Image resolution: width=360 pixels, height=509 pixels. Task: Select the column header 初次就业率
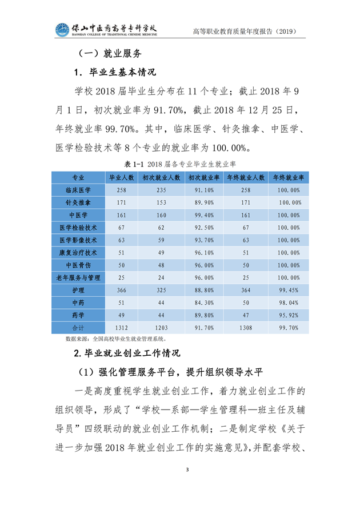point(204,177)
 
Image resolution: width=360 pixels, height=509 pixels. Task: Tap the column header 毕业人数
point(122,177)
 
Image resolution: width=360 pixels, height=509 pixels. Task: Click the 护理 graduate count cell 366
point(122,290)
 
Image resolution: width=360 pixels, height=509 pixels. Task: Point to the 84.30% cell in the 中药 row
point(204,303)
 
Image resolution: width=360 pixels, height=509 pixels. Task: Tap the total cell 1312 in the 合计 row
point(122,328)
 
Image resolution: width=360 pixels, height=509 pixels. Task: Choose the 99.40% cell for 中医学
point(204,215)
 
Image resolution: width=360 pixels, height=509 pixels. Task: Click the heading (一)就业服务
point(107,55)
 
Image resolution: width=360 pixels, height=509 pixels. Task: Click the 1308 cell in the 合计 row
point(246,328)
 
